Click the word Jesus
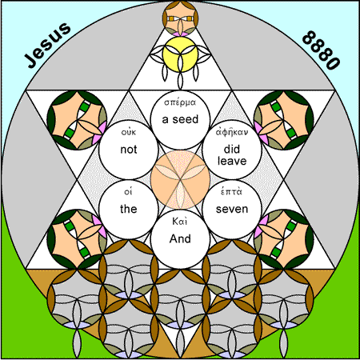[x=48, y=45]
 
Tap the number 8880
[x=321, y=50]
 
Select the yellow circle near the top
[x=180, y=54]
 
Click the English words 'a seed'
[x=180, y=119]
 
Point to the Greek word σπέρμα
[x=180, y=102]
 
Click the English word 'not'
[x=129, y=150]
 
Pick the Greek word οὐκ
[x=129, y=132]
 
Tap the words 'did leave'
[x=232, y=155]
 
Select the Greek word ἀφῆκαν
[x=232, y=132]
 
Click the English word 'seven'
[x=232, y=209]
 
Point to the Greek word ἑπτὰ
[x=231, y=192]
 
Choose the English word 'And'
[x=180, y=238]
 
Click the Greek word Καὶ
[x=180, y=222]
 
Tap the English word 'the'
[x=129, y=209]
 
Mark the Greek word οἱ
[x=128, y=192]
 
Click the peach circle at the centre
[x=180, y=179]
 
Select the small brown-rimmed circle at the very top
[x=180, y=18]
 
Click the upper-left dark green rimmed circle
[x=77, y=120]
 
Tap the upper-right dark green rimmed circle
[x=284, y=120]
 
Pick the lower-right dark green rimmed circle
[x=284, y=239]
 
